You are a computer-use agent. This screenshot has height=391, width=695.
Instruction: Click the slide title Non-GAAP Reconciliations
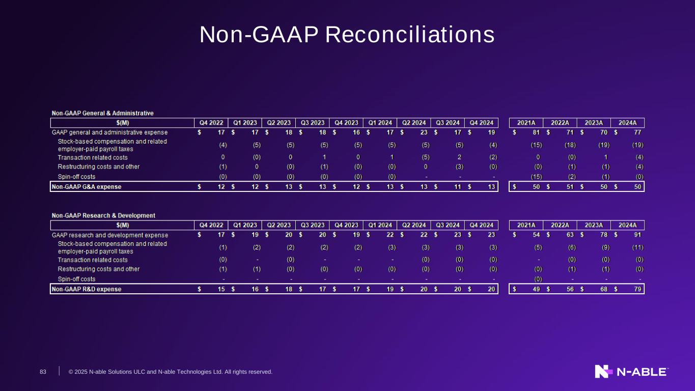point(347,35)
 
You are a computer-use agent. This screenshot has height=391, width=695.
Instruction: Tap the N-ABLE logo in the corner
point(632,372)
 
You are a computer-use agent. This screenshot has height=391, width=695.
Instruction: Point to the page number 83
point(43,372)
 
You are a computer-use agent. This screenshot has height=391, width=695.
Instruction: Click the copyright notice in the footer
point(171,372)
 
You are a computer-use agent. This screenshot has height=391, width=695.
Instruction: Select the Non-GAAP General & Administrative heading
point(103,113)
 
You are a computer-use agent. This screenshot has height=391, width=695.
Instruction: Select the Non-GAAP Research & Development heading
point(103,216)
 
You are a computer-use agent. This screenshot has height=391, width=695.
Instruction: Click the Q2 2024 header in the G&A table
point(414,123)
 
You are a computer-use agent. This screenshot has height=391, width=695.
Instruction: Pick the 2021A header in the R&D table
point(526,226)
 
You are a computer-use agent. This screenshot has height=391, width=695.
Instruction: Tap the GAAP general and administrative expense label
point(109,132)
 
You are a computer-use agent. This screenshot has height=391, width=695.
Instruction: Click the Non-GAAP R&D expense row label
point(87,289)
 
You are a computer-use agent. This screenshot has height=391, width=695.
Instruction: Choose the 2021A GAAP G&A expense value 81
point(536,132)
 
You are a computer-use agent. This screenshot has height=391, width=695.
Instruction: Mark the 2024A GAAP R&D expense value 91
point(637,235)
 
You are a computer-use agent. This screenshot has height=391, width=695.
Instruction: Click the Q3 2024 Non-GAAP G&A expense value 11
point(458,187)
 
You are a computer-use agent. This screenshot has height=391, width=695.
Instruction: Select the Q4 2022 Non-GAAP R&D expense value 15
point(221,289)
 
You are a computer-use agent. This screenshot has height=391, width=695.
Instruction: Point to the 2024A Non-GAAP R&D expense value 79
point(637,289)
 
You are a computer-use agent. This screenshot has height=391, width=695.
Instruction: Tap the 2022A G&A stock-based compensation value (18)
point(570,145)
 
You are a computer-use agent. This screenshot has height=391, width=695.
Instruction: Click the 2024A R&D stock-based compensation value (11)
point(637,247)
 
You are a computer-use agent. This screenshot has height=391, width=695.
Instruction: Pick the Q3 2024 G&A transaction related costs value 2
point(459,157)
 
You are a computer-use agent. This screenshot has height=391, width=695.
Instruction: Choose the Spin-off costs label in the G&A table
point(76,177)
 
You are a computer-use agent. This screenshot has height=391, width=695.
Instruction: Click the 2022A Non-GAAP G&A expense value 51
point(570,187)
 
